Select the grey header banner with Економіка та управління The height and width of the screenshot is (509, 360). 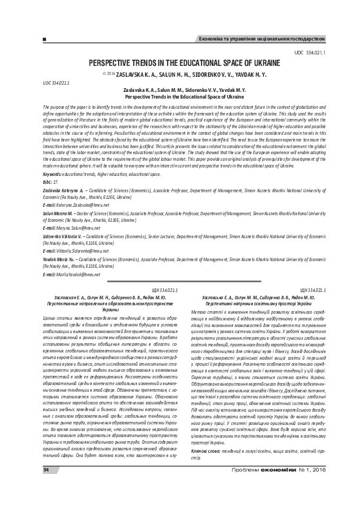point(264,39)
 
